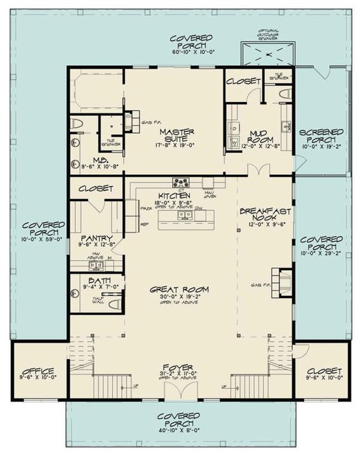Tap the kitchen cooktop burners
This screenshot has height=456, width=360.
coord(182,183)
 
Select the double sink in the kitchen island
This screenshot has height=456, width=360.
coord(184,215)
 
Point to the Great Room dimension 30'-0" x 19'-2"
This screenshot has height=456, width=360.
coord(179,298)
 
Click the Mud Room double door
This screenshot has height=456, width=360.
coord(255,171)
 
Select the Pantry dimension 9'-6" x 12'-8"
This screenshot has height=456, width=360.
coord(96,246)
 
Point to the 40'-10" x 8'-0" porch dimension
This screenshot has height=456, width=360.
coord(179,430)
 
